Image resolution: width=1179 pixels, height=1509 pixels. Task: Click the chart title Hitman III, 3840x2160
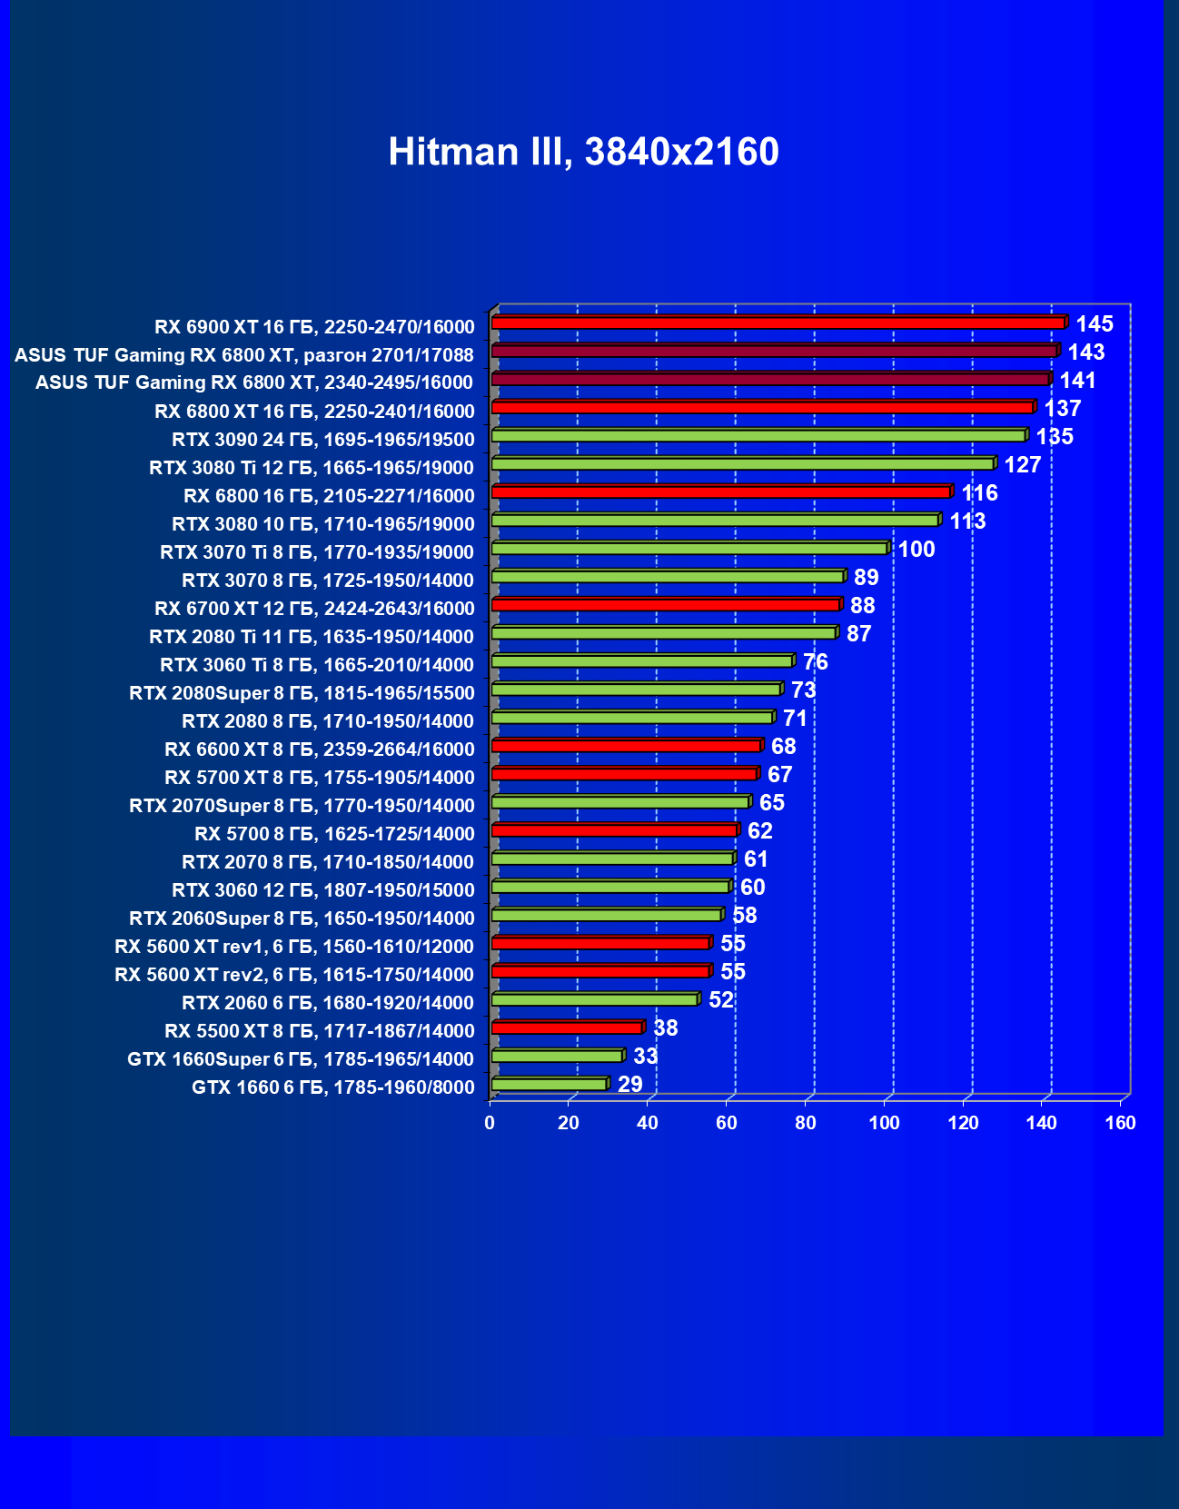point(583,152)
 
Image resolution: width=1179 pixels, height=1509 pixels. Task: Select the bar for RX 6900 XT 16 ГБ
point(778,323)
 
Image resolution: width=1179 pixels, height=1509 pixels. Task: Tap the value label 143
point(1085,352)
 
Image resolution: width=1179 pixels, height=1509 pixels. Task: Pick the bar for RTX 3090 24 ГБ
point(758,436)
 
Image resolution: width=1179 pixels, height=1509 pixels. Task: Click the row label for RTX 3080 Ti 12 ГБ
point(312,468)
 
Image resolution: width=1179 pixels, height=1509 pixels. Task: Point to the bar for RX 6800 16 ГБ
point(720,492)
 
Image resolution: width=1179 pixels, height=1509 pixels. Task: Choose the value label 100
point(916,550)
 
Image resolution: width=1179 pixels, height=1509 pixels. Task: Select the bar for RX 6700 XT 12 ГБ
point(665,605)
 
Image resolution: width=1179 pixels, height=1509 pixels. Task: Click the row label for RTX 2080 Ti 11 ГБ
point(312,637)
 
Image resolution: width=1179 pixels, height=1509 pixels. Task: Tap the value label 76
point(815,662)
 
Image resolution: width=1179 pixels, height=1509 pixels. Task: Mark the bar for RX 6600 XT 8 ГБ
point(626,746)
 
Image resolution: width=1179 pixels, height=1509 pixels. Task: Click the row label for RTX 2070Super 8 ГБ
point(302,806)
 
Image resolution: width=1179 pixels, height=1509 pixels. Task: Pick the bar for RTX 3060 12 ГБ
point(609,887)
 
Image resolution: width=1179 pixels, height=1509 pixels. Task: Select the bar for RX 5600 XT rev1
point(599,943)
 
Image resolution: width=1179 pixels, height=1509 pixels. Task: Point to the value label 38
point(665,1028)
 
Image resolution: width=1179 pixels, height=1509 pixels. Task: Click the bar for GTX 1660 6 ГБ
point(549,1084)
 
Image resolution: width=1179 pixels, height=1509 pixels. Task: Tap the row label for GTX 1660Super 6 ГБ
point(300,1059)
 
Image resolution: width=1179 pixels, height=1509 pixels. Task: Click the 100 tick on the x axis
point(884,1123)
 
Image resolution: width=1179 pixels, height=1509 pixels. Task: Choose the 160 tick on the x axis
point(1120,1123)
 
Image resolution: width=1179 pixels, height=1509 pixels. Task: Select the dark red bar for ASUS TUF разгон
point(774,352)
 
